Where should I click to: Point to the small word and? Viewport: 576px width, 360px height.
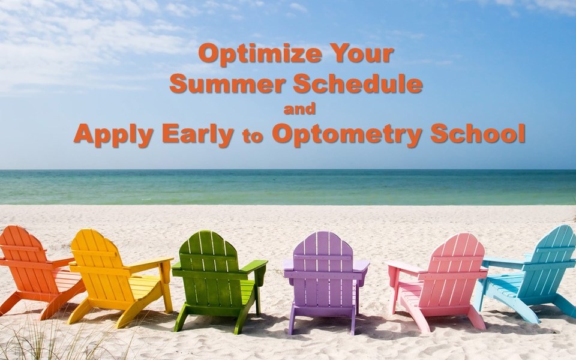coord(299,109)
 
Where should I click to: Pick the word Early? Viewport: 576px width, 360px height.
coord(198,134)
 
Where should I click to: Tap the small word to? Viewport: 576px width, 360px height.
coord(253,137)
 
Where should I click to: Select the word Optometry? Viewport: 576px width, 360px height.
coord(347,134)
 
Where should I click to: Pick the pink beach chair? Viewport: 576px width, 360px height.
coord(439,281)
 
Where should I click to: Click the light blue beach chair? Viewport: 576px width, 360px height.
coord(530,273)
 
